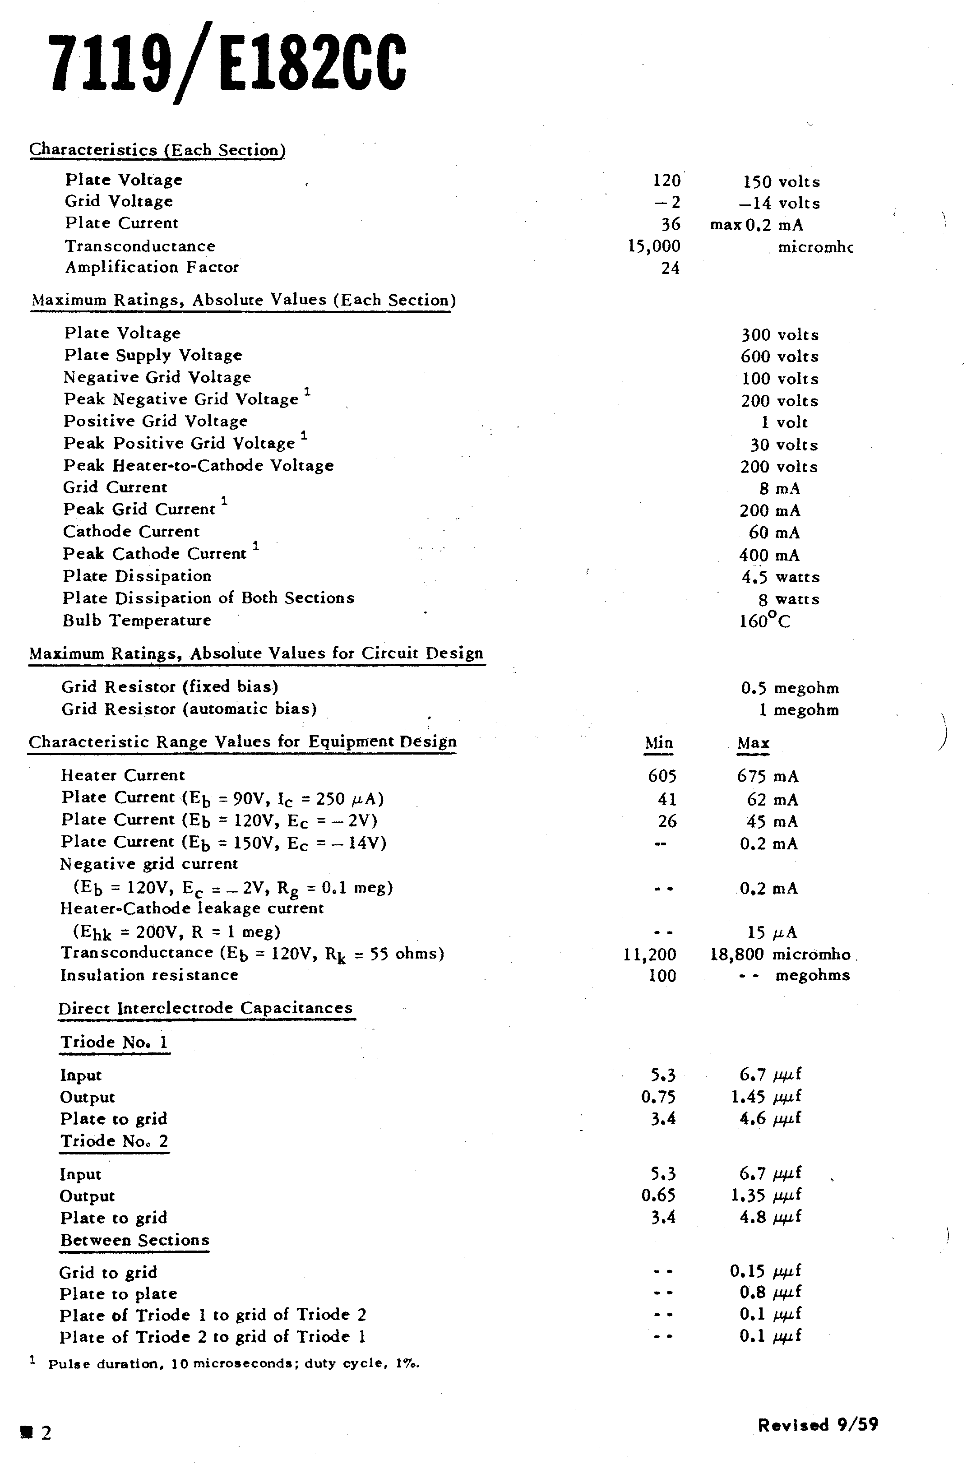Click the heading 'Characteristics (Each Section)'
pyautogui.click(x=157, y=150)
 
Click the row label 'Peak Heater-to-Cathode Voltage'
pyautogui.click(x=198, y=465)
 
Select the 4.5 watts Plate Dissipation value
pyautogui.click(x=780, y=577)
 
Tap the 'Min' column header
pyautogui.click(x=658, y=742)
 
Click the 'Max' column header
pyautogui.click(x=753, y=742)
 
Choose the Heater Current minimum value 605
pyautogui.click(x=662, y=776)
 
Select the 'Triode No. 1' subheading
pyautogui.click(x=114, y=1042)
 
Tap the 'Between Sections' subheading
pyautogui.click(x=134, y=1240)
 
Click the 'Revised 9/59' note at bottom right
pyautogui.click(x=818, y=1425)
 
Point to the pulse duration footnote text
pyautogui.click(x=233, y=1363)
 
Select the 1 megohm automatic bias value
pyautogui.click(x=799, y=710)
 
